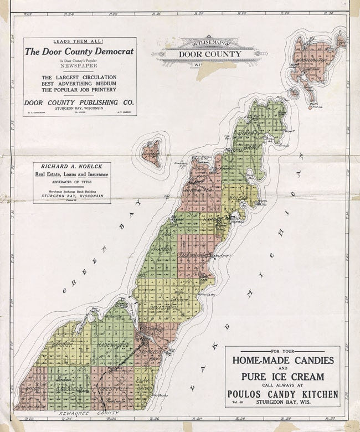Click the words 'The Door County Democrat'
click(79, 52)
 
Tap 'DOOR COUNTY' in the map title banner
click(205, 54)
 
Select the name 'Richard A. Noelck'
click(71, 166)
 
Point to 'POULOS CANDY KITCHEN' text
click(282, 394)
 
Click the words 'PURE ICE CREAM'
click(282, 377)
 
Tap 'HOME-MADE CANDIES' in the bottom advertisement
click(282, 360)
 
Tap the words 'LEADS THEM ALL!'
click(79, 42)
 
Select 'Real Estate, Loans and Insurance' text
click(71, 174)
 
